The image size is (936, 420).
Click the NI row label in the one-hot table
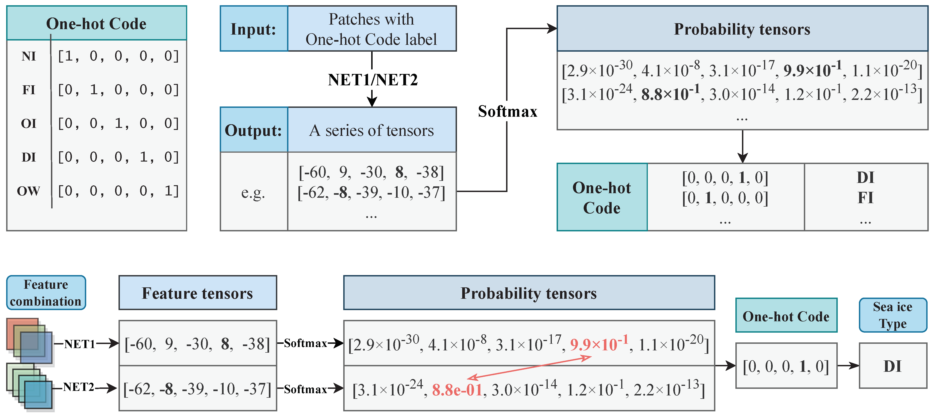(x=29, y=57)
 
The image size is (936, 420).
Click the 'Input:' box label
(x=254, y=29)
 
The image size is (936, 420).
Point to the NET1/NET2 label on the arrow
(x=372, y=80)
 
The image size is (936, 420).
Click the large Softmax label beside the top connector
(x=507, y=111)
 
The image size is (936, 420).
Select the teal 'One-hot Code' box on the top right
(x=602, y=197)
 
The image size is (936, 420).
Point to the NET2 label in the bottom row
(x=78, y=387)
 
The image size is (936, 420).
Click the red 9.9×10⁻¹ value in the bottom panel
(x=599, y=344)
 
